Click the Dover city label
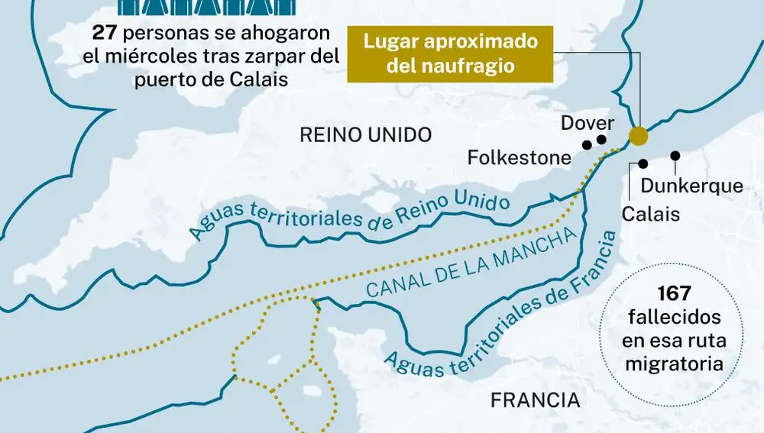(x=588, y=123)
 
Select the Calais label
(x=651, y=214)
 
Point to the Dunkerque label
(x=691, y=186)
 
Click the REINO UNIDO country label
(x=366, y=135)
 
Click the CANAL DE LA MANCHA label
(x=470, y=265)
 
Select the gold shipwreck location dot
(x=637, y=137)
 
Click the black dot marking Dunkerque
(x=675, y=156)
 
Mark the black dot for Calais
(x=643, y=163)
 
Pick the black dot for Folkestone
(x=587, y=145)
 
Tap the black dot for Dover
(x=601, y=140)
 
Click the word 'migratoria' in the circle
(x=674, y=364)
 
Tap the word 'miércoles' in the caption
(x=173, y=57)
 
